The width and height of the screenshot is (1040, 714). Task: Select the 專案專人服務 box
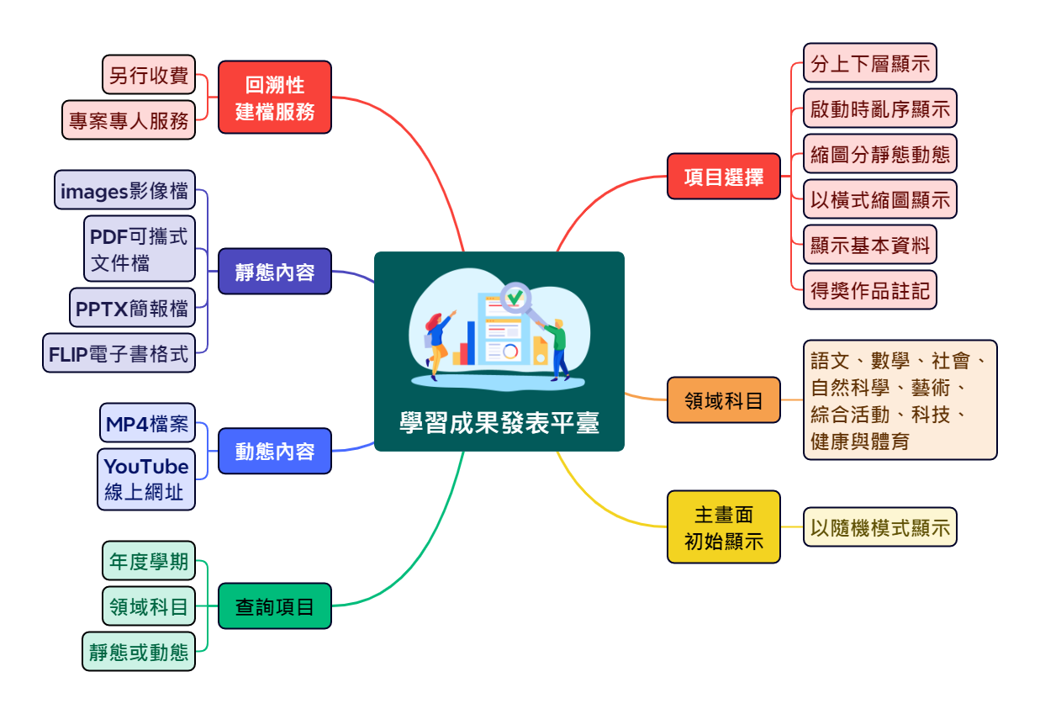click(129, 119)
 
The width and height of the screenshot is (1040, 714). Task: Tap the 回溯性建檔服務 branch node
click(275, 97)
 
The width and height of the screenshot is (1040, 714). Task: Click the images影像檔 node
click(124, 190)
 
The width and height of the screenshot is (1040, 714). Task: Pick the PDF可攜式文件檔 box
click(140, 248)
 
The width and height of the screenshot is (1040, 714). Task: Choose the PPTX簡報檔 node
click(132, 308)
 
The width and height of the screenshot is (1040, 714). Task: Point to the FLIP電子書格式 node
click(119, 353)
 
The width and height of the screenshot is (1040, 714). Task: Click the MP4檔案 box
click(147, 423)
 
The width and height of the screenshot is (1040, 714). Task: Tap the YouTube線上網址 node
click(146, 479)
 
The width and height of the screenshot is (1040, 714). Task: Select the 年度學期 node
click(149, 561)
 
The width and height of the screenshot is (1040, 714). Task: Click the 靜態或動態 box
click(139, 652)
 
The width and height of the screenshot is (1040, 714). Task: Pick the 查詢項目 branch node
click(275, 606)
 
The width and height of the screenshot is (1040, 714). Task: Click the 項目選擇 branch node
click(724, 177)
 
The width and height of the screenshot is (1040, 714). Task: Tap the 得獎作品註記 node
click(869, 290)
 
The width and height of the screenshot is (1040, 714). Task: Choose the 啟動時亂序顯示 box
click(880, 108)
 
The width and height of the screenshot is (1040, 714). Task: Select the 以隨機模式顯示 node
click(880, 527)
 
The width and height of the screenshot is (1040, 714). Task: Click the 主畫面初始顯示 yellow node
click(724, 527)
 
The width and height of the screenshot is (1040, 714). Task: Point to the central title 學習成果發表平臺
click(499, 422)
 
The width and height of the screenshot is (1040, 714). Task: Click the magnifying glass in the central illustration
click(515, 298)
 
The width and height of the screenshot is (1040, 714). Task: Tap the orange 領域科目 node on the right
click(724, 400)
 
